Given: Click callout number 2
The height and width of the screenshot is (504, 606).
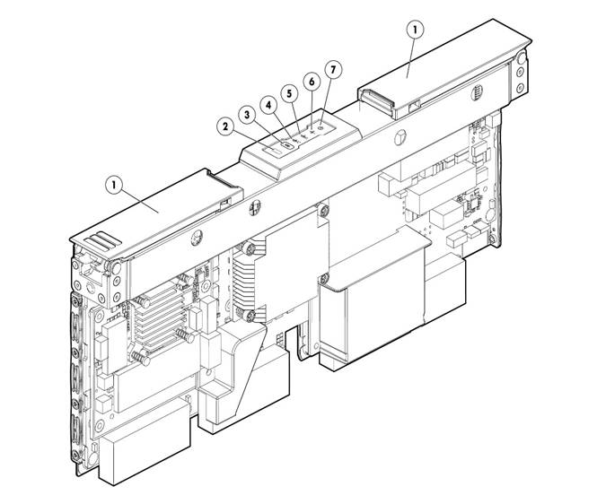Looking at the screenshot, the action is click(x=226, y=127).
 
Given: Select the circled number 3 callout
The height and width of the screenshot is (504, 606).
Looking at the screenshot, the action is click(x=248, y=114).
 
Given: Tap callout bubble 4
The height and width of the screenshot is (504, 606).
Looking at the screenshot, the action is click(x=268, y=105).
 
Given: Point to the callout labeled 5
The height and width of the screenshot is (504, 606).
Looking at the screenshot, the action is click(x=290, y=94).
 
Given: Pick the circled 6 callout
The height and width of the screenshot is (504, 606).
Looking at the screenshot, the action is click(x=312, y=82).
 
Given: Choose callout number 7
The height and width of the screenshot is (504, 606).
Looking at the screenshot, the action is click(x=334, y=69).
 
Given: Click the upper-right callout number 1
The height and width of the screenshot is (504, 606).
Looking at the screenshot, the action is click(x=416, y=30).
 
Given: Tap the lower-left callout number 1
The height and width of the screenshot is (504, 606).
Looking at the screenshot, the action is click(x=114, y=185).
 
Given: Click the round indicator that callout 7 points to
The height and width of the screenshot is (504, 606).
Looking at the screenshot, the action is click(x=321, y=125).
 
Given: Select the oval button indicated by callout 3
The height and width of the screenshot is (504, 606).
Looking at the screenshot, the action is click(x=288, y=145).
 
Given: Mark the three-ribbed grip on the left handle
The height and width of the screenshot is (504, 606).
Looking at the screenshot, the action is click(x=102, y=240).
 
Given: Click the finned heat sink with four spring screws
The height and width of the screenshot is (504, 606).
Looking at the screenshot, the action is click(x=162, y=317).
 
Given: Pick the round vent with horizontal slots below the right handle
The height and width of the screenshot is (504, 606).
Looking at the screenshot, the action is click(x=478, y=93).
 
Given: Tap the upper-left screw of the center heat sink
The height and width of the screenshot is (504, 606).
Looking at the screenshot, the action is click(x=248, y=248).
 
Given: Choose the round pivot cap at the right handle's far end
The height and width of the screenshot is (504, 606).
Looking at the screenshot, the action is click(x=522, y=58).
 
